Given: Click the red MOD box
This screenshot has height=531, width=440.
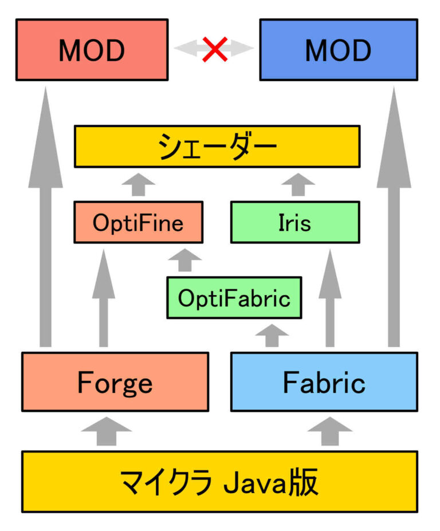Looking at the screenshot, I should [92, 50].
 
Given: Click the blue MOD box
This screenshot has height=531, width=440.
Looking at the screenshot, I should [338, 50].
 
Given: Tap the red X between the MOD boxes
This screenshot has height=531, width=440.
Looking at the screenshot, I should [214, 50].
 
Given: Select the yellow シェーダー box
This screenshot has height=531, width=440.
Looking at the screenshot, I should [217, 147].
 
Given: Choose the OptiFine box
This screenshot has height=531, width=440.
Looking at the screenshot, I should [138, 222].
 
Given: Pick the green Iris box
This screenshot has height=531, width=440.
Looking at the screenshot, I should [295, 222].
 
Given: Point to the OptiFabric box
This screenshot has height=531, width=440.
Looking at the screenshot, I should [234, 298].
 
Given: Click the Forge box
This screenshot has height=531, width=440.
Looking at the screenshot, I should [115, 381].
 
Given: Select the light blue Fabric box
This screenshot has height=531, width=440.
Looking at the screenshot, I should [324, 381].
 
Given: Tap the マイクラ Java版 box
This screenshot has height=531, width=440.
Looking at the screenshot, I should [219, 482].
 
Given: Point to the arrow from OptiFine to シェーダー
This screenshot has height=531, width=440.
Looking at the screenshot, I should [139, 184].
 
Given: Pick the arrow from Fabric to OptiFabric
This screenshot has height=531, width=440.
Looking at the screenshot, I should [273, 336].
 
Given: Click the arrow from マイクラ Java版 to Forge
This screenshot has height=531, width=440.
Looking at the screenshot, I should [106, 431].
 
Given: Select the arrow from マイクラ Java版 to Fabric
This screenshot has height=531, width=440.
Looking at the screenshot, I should [331, 431].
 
